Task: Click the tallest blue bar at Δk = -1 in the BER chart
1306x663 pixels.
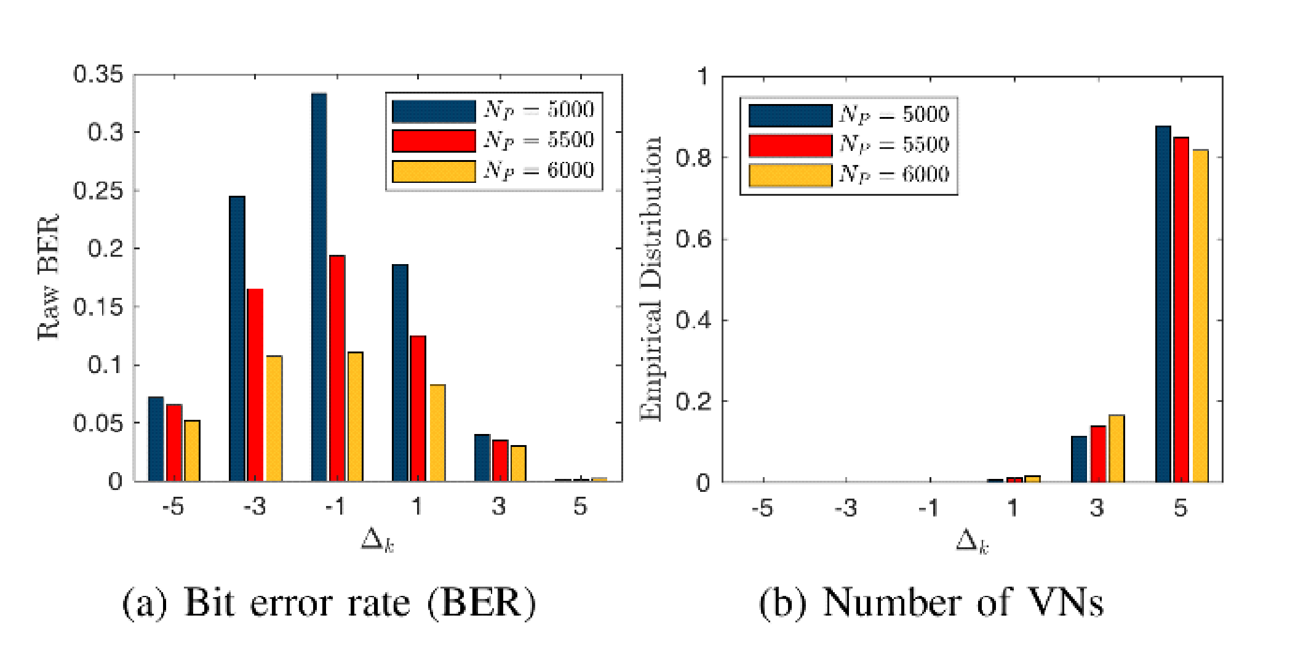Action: (x=319, y=287)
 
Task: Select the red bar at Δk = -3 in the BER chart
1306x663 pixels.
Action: (x=255, y=385)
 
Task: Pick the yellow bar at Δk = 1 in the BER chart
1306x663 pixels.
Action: (x=437, y=433)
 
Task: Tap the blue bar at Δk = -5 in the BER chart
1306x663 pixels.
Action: (x=156, y=439)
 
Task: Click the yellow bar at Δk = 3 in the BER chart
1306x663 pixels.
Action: (x=518, y=463)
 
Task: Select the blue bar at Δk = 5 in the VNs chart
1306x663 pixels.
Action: (x=1163, y=304)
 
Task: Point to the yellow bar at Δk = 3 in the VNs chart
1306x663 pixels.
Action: (x=1117, y=448)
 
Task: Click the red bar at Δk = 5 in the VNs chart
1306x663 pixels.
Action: (x=1181, y=310)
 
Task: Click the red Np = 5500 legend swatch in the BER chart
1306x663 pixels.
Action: (x=434, y=140)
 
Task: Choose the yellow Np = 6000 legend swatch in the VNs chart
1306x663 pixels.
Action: (x=790, y=175)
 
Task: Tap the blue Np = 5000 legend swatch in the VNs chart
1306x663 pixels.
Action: (x=790, y=115)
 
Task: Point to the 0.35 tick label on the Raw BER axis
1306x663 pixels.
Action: (x=98, y=74)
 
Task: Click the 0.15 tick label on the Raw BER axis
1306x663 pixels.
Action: (x=98, y=307)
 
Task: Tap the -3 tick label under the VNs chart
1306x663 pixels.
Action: (x=845, y=508)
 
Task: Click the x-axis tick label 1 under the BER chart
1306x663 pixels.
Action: (x=416, y=507)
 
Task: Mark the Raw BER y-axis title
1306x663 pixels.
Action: (x=48, y=277)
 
